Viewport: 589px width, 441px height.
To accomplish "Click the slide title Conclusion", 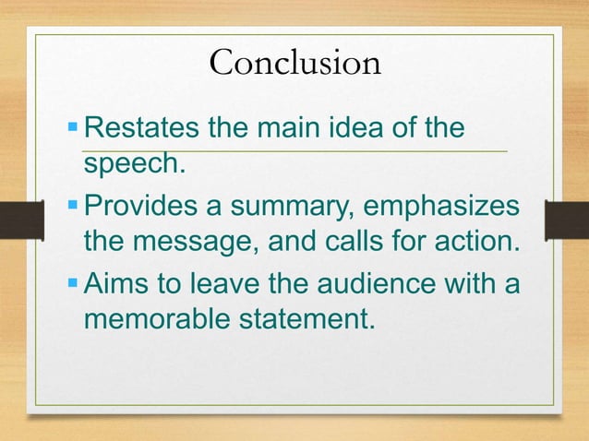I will [x=294, y=63].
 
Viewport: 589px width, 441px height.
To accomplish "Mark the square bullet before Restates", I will [x=74, y=127].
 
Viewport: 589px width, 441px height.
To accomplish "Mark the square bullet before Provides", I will [x=74, y=208].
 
